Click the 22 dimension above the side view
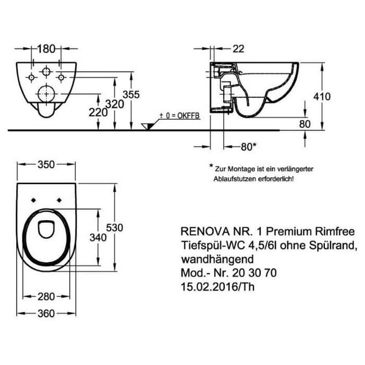pyautogui.click(x=238, y=48)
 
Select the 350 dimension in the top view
pyautogui.click(x=47, y=164)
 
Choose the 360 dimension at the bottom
pyautogui.click(x=47, y=313)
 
